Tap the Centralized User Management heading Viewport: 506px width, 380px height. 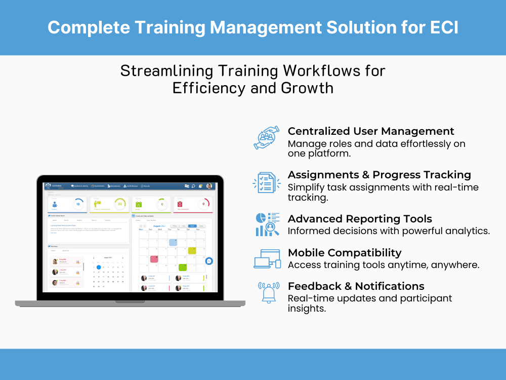371,132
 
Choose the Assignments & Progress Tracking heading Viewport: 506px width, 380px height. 379,175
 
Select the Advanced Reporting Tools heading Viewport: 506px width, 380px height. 360,219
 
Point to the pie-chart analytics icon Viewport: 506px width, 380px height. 267,224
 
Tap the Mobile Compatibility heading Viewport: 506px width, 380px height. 345,253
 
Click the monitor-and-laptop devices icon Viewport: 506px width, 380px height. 267,259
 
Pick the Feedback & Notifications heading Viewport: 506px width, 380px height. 356,286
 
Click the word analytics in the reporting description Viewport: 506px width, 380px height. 468,231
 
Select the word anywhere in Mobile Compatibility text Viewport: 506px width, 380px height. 455,264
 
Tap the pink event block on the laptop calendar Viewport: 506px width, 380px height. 154,259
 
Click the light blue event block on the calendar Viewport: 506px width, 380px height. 173,242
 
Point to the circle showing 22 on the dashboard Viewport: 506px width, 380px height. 119,204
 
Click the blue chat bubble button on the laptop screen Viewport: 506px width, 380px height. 209,261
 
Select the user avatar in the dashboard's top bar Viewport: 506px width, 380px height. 209,186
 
